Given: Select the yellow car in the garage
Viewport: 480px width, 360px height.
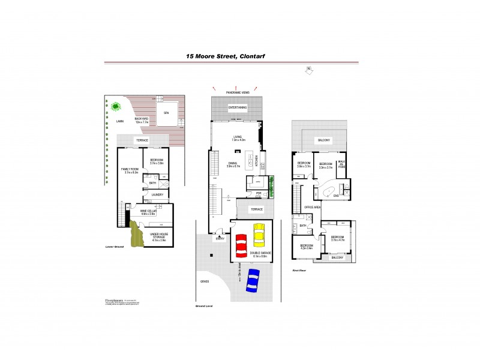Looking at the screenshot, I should point(259,235).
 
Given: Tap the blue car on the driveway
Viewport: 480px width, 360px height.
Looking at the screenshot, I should point(253,280).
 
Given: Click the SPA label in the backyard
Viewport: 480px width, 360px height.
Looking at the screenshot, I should point(166,112).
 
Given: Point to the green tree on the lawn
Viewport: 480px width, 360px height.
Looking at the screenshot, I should point(115,107).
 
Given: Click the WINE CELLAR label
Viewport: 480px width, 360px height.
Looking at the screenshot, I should point(148,212).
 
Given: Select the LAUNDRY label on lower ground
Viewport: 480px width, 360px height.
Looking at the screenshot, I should point(157,194).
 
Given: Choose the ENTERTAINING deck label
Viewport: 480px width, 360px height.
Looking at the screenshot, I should point(237,107).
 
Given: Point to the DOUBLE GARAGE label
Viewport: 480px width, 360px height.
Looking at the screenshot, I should point(261,254).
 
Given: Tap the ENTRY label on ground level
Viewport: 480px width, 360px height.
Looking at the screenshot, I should point(220,238).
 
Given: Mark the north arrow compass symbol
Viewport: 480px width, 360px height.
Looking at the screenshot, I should point(308,70).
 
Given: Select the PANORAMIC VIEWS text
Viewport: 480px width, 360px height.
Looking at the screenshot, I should point(238,92).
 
